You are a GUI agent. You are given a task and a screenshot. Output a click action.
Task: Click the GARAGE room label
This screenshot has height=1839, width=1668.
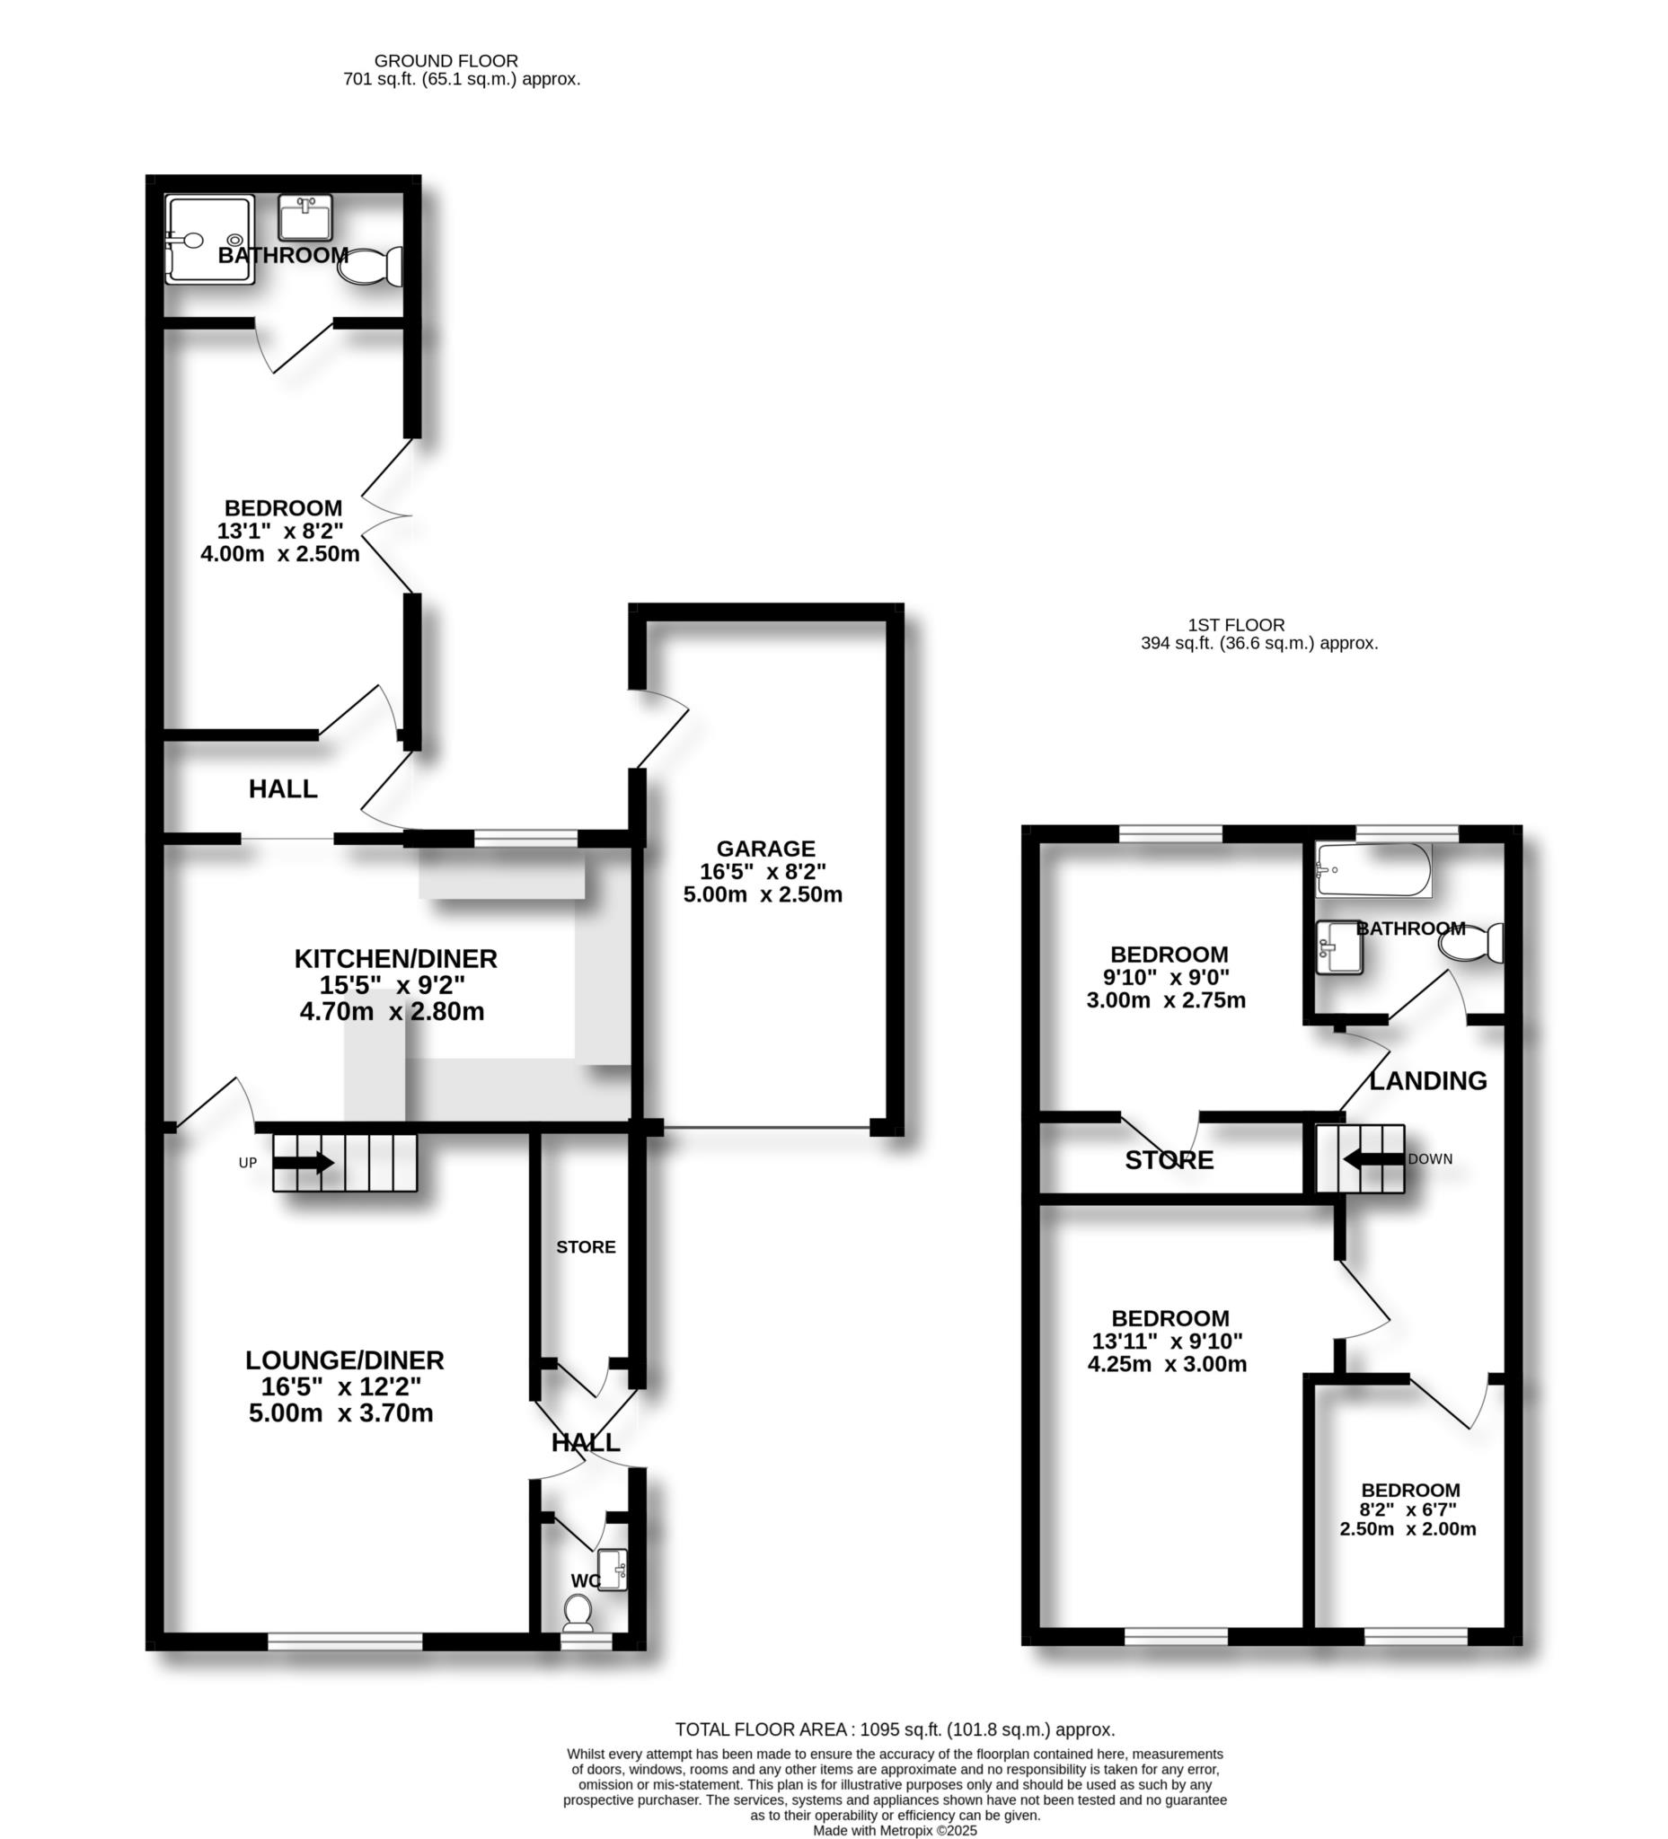pos(764,849)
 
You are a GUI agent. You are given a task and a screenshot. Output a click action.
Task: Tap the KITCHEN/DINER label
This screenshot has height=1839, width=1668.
pos(395,959)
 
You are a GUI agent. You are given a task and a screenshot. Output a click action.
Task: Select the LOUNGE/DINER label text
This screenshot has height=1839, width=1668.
pos(344,1360)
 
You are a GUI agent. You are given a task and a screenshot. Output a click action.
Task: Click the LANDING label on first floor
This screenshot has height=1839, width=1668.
pos(1428,1081)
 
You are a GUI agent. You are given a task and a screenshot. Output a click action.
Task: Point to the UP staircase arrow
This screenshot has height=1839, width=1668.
pos(304,1162)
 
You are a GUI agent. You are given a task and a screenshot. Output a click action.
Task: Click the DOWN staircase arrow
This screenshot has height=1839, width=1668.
pos(1373,1159)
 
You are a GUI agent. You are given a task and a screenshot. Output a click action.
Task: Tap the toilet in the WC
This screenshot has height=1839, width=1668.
pos(578,1613)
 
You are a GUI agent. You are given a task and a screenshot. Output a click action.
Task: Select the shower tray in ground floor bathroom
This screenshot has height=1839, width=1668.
pos(209,240)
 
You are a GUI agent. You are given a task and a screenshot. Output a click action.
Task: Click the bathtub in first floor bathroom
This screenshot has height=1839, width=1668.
pos(1372,870)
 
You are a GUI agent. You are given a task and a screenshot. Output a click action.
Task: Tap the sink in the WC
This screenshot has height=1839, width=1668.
pos(613,1570)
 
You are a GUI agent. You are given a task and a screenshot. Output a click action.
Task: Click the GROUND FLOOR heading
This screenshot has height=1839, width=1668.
pos(446,61)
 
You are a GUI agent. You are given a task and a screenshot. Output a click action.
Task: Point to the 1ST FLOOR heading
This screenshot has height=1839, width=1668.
pos(1235,625)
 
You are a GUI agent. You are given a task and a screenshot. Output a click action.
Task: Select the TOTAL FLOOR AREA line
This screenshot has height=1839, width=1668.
pos(895,1729)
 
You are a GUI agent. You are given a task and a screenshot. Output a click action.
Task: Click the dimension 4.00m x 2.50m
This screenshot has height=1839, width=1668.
pos(279,554)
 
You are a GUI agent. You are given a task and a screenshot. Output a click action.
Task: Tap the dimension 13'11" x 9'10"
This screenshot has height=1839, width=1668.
pos(1167,1341)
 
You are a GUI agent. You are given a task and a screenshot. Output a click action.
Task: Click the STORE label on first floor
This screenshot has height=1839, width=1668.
pos(1169,1160)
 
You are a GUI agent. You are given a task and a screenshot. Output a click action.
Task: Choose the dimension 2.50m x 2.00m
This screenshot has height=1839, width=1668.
pos(1407,1529)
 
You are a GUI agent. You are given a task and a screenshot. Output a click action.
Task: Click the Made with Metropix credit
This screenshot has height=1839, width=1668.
pos(895,1831)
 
